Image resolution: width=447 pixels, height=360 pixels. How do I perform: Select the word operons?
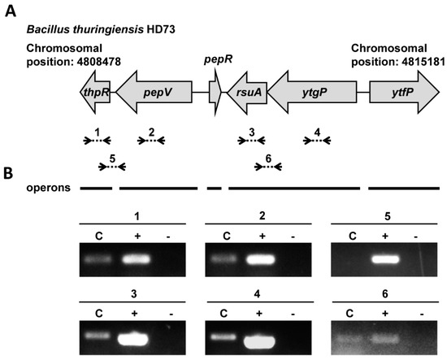click(47, 188)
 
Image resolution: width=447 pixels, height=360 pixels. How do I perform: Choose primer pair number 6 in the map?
click(267, 167)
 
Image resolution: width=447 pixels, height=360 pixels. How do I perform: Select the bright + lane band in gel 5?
click(384, 261)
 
